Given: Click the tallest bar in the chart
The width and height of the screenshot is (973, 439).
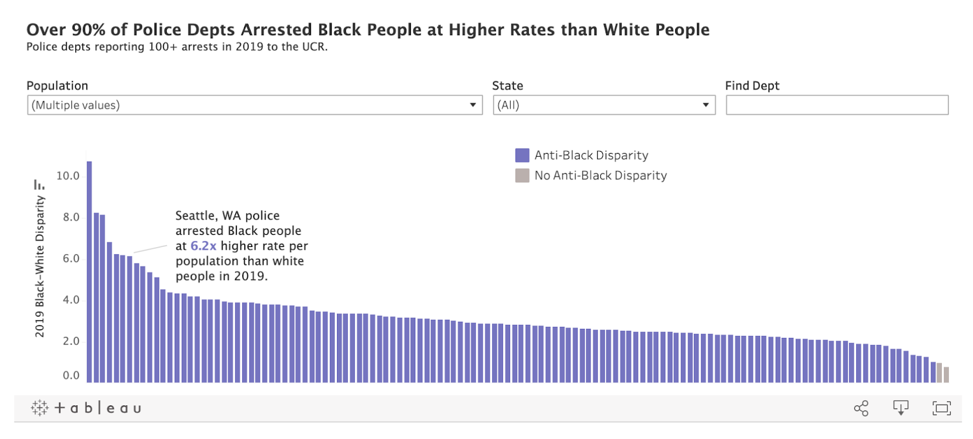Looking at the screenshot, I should [x=89, y=272].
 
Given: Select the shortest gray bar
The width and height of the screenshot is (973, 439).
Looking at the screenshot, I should [x=946, y=375].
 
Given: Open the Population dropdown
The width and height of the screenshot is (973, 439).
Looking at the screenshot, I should [x=254, y=105].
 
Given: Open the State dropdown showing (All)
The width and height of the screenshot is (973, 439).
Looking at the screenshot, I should [x=604, y=105].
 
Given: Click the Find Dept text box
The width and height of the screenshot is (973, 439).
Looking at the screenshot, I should [x=837, y=105].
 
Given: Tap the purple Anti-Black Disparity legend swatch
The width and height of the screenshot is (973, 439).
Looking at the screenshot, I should [x=522, y=155].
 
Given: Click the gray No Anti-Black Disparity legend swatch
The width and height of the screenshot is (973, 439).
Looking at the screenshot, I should [x=522, y=175].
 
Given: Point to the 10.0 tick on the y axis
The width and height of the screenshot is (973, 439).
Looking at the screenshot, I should [x=68, y=176].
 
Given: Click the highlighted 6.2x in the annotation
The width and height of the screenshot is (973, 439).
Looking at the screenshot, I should [x=204, y=246].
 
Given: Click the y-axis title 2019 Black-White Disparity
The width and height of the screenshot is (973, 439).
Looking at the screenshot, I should [x=40, y=266].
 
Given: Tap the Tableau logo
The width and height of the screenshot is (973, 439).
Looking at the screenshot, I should [x=86, y=408].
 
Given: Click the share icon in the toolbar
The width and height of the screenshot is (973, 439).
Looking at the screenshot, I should [x=861, y=408].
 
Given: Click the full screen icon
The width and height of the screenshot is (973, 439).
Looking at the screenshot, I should [x=941, y=408].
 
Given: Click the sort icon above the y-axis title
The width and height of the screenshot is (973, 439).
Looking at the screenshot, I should [x=39, y=185].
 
